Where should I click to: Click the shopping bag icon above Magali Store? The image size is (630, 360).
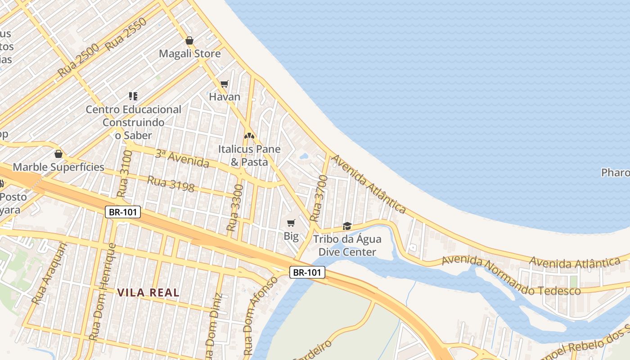(x=189, y=40)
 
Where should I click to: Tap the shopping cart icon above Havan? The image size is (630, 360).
(x=225, y=84)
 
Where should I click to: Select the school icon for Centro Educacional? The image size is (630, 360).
(x=133, y=96)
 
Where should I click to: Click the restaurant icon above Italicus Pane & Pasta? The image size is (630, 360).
(x=249, y=135)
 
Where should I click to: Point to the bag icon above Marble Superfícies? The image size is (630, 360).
(x=58, y=154)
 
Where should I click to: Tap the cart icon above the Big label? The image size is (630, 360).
(x=291, y=223)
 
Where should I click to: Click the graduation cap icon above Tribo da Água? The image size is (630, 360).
(x=347, y=225)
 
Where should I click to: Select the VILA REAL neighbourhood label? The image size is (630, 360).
(x=148, y=292)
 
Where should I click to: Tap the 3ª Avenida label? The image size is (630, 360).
(x=182, y=158)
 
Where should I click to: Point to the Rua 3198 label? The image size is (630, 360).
(x=171, y=184)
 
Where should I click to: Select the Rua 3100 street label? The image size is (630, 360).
(x=125, y=174)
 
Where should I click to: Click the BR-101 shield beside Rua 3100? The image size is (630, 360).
(x=123, y=212)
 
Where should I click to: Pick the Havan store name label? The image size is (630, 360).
(x=225, y=97)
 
